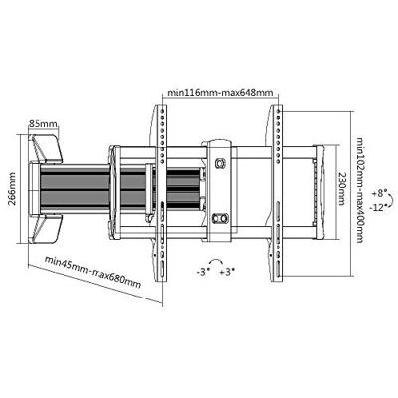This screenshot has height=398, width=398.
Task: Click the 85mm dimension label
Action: pos(43,124)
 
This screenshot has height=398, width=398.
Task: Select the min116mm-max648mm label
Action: pos(220,92)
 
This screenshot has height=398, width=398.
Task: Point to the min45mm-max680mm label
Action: pos(93,271)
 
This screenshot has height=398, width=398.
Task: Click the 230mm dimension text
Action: pos(342,189)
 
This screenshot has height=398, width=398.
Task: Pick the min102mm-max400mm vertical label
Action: pos(360,190)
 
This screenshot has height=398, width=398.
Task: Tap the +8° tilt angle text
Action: pos(379,193)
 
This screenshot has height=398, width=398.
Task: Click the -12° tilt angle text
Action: pos(378,207)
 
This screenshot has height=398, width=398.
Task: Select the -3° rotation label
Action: pos(203,272)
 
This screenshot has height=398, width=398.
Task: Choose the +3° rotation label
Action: pos(227,272)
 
